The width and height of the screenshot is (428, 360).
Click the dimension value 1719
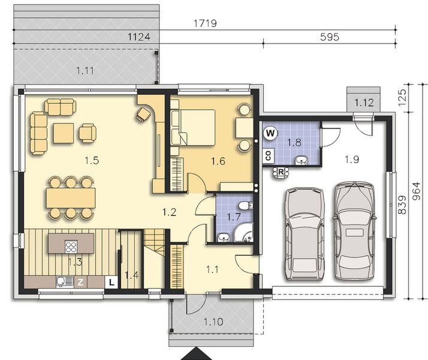tap(204, 23)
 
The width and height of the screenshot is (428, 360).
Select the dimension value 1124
tap(139, 37)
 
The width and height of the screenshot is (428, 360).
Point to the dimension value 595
tap(329, 37)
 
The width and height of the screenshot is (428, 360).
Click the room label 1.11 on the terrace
tap(85, 71)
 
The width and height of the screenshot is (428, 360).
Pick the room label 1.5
tap(91, 160)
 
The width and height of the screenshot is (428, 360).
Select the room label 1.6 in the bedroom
tap(218, 160)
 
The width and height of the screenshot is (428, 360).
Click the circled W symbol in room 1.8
tap(270, 133)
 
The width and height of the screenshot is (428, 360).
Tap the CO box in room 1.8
tap(267, 155)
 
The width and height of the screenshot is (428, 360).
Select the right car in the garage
tap(354, 227)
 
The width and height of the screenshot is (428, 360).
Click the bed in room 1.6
tap(195, 127)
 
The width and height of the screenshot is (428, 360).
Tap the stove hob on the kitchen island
tap(71, 246)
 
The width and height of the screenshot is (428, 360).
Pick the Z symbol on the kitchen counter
tap(80, 281)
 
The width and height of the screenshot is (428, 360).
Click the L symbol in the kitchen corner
tap(111, 281)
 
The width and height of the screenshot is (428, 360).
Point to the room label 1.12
tap(364, 103)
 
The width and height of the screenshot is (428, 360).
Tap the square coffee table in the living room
tap(63, 133)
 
